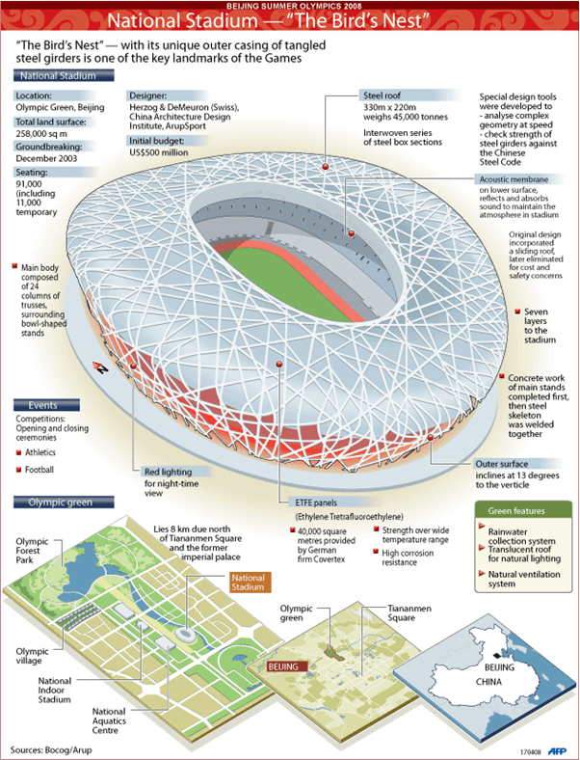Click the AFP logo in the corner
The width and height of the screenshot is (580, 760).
(557, 751)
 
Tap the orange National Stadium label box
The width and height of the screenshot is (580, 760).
(248, 583)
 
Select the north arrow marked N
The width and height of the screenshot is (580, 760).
(100, 367)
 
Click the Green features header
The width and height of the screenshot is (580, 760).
(523, 511)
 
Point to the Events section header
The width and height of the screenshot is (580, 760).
(46, 405)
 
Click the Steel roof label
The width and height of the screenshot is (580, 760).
(382, 95)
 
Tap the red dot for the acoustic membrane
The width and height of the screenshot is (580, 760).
(352, 233)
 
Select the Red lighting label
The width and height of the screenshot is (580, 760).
(168, 472)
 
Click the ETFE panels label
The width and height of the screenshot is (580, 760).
(316, 502)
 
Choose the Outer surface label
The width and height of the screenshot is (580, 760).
(502, 464)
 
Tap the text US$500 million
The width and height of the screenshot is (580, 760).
(158, 152)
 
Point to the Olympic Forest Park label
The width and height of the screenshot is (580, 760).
(32, 551)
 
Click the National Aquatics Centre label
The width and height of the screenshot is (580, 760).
(110, 720)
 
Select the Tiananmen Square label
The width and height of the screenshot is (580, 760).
(409, 613)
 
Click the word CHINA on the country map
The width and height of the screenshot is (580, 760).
(488, 682)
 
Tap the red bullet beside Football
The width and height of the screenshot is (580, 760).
(19, 469)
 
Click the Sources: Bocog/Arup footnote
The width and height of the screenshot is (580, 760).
(51, 750)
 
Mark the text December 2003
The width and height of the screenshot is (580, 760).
(46, 158)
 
